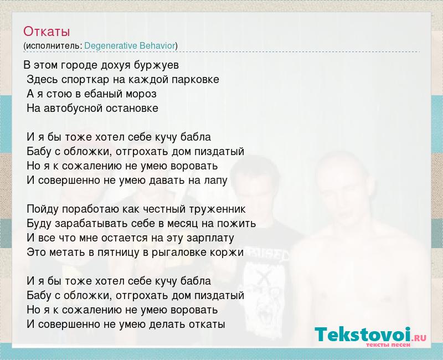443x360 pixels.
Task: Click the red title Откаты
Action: pyautogui.click(x=47, y=32)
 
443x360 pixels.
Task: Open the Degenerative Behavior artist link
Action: pyautogui.click(x=130, y=46)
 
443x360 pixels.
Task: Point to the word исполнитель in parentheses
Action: pyautogui.click(x=54, y=46)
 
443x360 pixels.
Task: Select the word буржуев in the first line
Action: pyautogui.click(x=156, y=65)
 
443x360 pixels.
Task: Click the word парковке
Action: pyautogui.click(x=195, y=80)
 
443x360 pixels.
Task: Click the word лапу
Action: pyautogui.click(x=215, y=181)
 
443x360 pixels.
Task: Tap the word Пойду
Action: pyautogui.click(x=43, y=209)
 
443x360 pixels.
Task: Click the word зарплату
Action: pyautogui.click(x=210, y=238)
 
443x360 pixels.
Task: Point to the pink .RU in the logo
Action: pyautogui.click(x=419, y=338)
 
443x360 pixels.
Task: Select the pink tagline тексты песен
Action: pyautogui.click(x=388, y=345)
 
